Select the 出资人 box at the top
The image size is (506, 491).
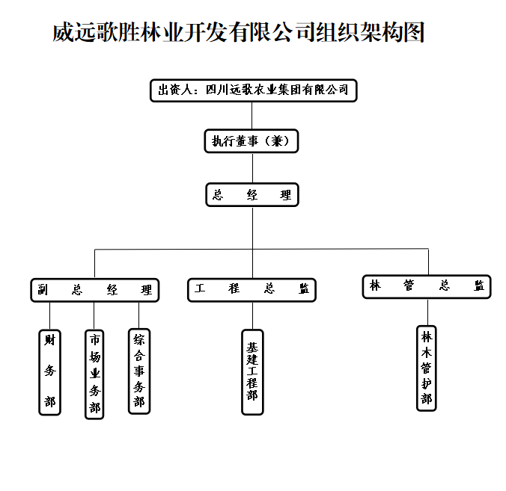tap(252, 90)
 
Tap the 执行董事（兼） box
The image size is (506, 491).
tap(252, 140)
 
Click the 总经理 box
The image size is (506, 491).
tap(252, 195)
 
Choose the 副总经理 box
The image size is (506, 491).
tap(94, 290)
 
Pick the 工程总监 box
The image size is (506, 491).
tap(252, 290)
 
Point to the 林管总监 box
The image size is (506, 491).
tap(427, 286)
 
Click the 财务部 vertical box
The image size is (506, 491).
tap(50, 371)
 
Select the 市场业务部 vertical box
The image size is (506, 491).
tap(94, 374)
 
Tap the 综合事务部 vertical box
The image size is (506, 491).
tap(139, 371)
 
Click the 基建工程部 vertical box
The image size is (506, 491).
tap(252, 371)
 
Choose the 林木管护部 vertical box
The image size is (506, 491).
tap(427, 368)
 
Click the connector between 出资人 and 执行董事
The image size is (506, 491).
tap(252, 115)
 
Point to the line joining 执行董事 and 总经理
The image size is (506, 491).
tap(252, 167)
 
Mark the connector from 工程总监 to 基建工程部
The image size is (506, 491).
tap(252, 315)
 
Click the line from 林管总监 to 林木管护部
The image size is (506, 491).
tap(427, 312)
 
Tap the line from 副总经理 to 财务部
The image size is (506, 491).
tap(50, 315)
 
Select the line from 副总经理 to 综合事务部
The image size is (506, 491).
tap(139, 315)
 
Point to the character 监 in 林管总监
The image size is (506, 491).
tap(478, 286)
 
